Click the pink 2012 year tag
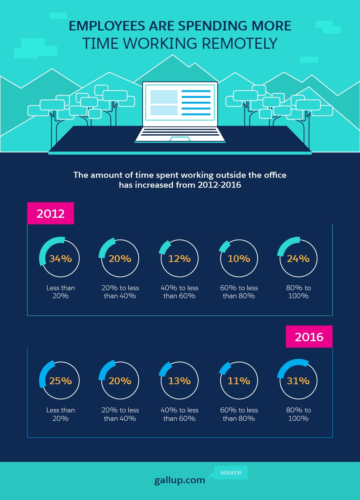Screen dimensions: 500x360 (50, 213)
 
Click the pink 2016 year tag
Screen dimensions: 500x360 (309, 337)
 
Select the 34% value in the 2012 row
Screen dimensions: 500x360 (60, 259)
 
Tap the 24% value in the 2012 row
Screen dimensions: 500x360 (298, 259)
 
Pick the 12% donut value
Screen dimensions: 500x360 (179, 259)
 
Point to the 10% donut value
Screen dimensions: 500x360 (239, 259)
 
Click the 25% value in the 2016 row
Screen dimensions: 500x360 (60, 381)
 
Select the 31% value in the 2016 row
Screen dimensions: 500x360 (298, 381)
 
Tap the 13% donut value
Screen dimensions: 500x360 (179, 381)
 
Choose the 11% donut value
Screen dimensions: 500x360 (239, 381)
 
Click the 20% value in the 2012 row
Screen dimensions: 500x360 (120, 259)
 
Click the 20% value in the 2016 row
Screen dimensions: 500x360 (120, 381)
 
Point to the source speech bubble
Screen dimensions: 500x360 (231, 472)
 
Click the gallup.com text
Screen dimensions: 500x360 (180, 480)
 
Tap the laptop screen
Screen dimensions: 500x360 (180, 103)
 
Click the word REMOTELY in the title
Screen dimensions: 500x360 (240, 43)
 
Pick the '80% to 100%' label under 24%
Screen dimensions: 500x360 (298, 292)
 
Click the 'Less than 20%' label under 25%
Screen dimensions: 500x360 (61, 414)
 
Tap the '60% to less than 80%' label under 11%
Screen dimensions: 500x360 (239, 414)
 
